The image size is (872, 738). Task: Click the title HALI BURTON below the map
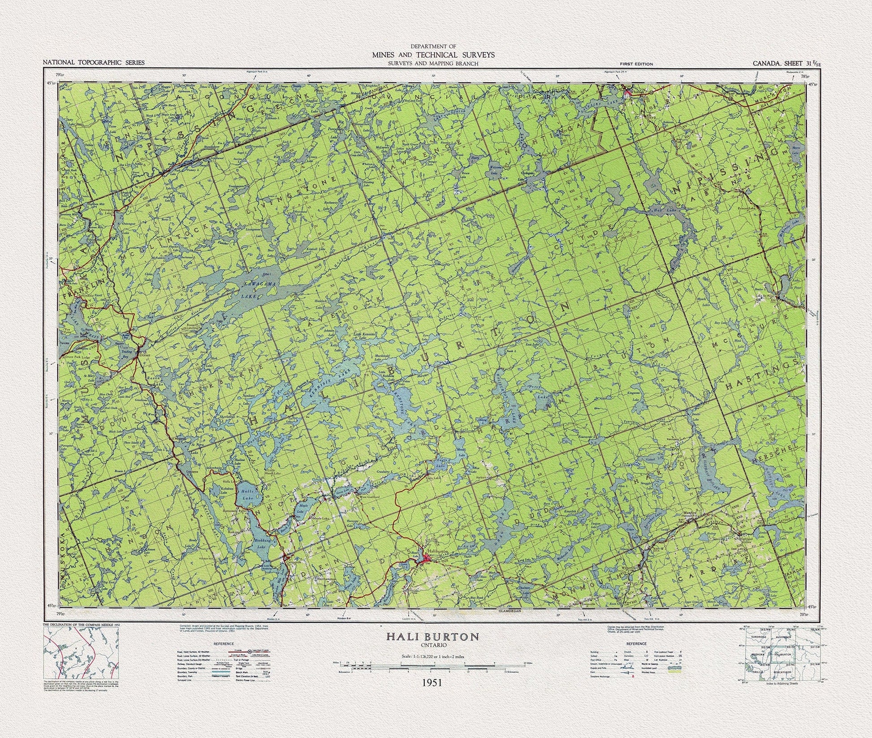433,637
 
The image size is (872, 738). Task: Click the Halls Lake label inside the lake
246,496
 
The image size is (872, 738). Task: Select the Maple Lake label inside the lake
301,508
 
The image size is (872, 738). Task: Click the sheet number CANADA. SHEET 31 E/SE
787,63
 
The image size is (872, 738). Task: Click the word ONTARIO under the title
432,645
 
